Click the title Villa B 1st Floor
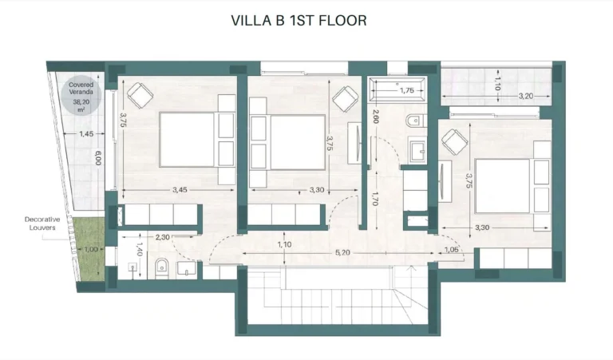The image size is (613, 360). tap(299, 20)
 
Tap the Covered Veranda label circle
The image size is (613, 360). tap(81, 97)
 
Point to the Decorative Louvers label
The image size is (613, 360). tap(42, 224)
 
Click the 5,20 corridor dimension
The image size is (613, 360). tap(342, 253)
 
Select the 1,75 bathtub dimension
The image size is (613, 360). tap(406, 90)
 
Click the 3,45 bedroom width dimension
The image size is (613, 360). tap(180, 190)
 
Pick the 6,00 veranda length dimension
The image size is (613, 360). tap(98, 158)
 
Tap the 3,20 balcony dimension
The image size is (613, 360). tap(526, 96)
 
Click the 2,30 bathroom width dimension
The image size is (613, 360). tap(163, 237)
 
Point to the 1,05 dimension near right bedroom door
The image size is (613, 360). tap(451, 250)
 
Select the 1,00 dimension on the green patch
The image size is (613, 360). tap(91, 249)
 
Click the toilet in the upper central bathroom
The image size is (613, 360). tap(414, 121)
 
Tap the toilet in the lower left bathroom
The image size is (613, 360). tap(161, 268)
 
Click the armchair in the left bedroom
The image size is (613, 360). tap(140, 95)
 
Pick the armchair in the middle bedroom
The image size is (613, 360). tap(345, 99)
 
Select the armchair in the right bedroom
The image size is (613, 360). tap(455, 142)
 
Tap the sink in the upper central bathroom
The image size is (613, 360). tap(417, 150)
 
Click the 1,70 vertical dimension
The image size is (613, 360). tap(374, 199)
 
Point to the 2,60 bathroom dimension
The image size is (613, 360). tap(376, 117)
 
